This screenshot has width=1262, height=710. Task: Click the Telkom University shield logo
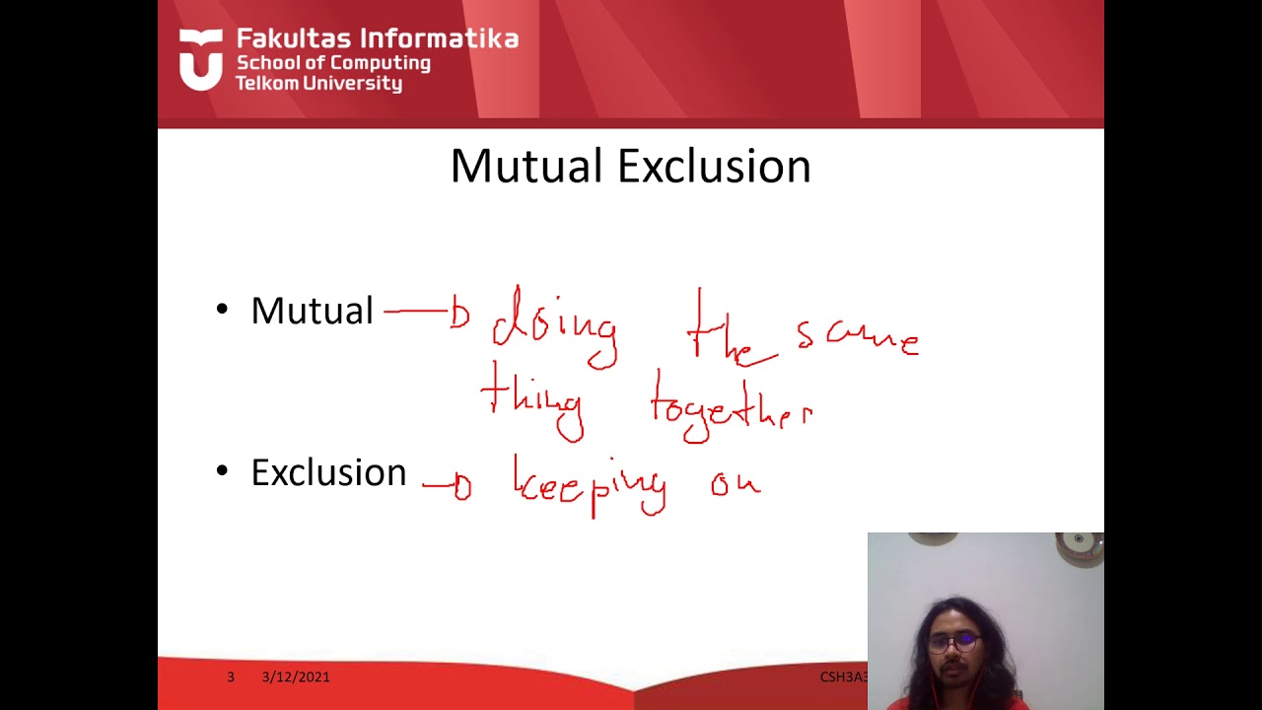coord(201,59)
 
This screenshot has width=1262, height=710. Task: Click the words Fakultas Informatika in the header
coord(378,39)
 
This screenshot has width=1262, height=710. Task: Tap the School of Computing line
coord(333,63)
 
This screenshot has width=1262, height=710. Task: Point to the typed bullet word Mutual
coord(312,311)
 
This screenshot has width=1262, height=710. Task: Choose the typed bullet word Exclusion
coord(328,472)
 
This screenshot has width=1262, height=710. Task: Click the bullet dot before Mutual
coord(222,311)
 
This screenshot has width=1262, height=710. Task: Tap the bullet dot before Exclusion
coord(222,472)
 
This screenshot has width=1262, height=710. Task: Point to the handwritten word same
coord(858,338)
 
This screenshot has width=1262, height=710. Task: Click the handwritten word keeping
coord(590,484)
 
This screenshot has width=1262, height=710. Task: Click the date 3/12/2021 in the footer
coord(296,676)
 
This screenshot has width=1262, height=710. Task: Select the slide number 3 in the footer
coord(231,676)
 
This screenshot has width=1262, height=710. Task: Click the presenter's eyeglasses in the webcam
coord(952,642)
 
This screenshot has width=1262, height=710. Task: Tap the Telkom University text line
coord(318,84)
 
